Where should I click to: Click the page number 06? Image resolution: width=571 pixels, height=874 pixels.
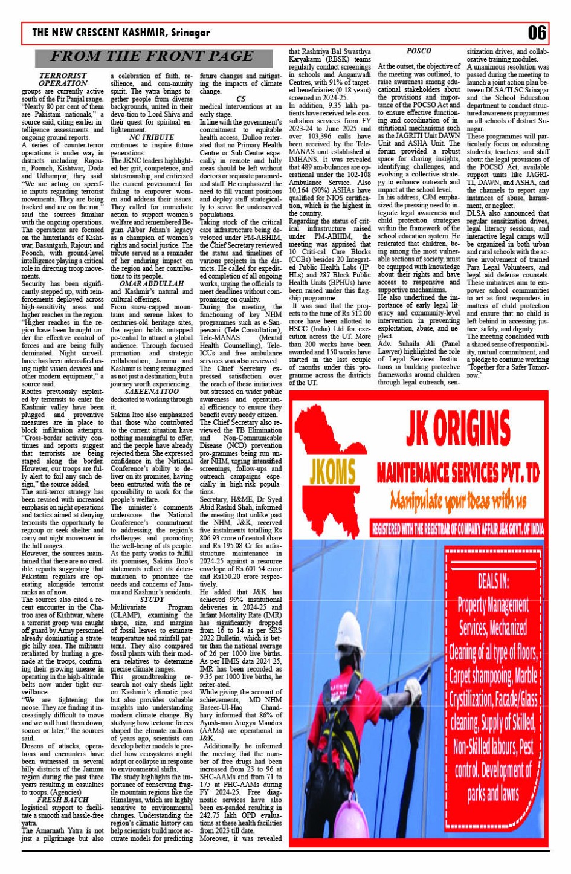537,33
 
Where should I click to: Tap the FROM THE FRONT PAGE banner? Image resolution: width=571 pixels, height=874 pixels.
151,57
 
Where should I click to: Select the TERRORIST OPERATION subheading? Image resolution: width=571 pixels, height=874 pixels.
63,79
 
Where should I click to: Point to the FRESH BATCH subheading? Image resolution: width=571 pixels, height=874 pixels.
63,799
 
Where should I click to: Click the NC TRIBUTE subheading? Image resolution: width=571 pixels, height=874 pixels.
151,138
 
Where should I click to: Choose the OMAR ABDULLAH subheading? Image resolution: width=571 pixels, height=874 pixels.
152,283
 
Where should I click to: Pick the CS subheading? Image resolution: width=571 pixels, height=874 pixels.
240,99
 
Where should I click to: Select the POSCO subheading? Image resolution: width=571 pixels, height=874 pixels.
419,51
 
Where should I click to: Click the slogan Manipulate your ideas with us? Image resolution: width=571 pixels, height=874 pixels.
457,501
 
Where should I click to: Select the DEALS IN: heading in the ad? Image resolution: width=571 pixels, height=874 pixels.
493,582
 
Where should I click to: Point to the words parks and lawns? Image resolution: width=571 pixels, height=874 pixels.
493,793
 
